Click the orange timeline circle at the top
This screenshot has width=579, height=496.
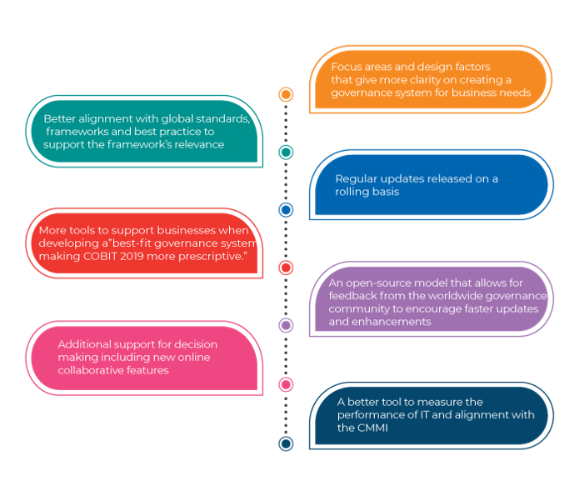click(286, 95)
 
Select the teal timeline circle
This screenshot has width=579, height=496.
click(286, 152)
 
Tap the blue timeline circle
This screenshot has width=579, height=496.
click(286, 210)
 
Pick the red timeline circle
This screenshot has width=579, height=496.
click(286, 268)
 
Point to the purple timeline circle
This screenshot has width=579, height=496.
click(286, 325)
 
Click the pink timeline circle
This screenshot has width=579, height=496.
click(286, 384)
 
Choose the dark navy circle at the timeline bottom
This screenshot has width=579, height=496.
click(286, 443)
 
